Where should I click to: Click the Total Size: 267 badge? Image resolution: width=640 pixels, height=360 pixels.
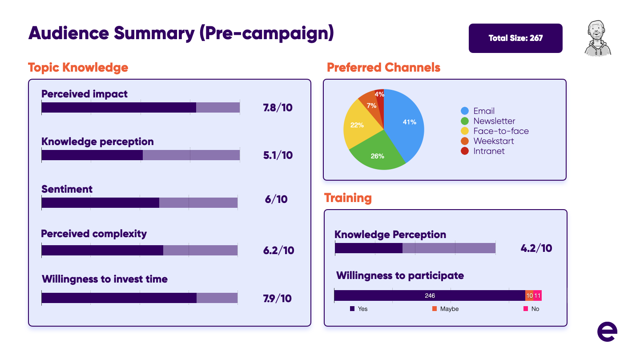[x=515, y=38]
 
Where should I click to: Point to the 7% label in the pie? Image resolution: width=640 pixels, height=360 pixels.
[x=371, y=105]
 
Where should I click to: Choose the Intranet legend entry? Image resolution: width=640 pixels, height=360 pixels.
[x=483, y=151]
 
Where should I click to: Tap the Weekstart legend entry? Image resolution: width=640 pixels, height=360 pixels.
[x=487, y=141]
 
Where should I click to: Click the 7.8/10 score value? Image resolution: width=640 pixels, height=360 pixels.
[x=278, y=108]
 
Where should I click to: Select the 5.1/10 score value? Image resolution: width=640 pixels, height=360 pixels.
[x=278, y=155]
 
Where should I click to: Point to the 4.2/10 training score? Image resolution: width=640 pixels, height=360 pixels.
[x=536, y=248]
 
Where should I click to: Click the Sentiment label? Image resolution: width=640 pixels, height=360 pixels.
[x=67, y=189]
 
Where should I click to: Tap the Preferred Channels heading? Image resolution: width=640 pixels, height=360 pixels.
[x=383, y=68]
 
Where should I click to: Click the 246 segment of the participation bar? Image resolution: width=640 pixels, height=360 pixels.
[x=430, y=295]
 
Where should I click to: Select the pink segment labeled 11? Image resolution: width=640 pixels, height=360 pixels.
[x=537, y=295]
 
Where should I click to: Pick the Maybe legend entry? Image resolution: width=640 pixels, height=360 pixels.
[x=446, y=309]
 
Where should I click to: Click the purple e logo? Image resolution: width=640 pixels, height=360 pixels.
[x=607, y=332]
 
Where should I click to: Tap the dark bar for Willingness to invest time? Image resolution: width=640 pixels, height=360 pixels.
[x=119, y=298]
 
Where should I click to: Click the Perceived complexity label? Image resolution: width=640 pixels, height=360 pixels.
[x=94, y=234]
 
